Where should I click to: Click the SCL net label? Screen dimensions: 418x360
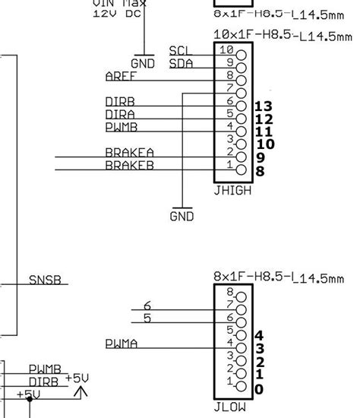181,51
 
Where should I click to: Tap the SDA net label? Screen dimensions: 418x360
181,64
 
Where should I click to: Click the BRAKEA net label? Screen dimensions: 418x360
129,153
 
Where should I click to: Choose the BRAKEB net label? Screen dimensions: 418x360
129,165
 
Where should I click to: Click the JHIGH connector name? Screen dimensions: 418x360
234,190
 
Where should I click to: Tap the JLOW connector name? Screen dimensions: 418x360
231,407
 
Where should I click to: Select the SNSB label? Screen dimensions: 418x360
45,280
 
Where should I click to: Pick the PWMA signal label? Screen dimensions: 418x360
122,344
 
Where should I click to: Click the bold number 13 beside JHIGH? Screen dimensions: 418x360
264,106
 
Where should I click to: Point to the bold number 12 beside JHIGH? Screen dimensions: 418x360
264,119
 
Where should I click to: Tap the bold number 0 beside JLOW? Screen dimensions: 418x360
260,389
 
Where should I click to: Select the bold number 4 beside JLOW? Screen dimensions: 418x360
260,335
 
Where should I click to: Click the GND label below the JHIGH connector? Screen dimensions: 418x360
182,217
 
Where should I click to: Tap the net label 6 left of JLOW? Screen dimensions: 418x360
147,306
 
